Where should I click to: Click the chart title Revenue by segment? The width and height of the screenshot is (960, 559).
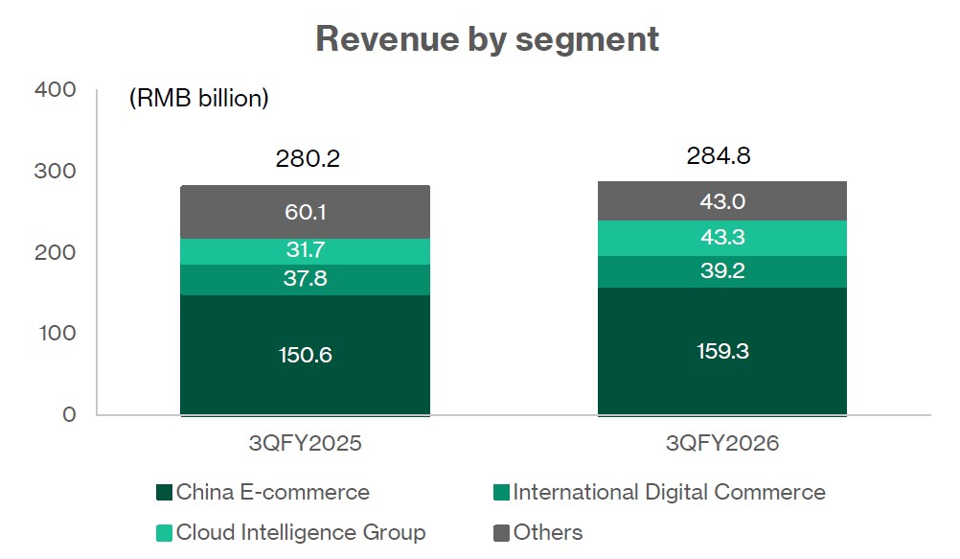click(487, 39)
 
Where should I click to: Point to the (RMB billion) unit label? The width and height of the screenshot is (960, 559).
click(198, 98)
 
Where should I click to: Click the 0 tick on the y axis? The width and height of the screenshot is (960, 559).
click(68, 414)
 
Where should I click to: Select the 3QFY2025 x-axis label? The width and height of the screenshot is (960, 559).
click(305, 444)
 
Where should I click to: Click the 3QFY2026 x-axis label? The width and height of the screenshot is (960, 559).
click(721, 444)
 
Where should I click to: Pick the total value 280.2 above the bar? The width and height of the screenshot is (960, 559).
click(307, 159)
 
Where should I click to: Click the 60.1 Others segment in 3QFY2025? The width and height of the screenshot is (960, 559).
click(305, 212)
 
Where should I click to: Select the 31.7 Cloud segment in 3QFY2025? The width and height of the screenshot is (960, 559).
click(305, 251)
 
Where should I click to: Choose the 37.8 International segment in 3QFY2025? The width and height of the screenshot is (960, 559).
click(305, 280)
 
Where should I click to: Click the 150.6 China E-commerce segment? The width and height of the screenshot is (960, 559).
click(305, 355)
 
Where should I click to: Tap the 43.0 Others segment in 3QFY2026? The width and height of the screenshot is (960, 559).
click(722, 201)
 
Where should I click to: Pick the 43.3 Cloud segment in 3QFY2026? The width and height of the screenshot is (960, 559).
click(722, 238)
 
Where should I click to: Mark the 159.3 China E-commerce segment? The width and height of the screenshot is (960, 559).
click(722, 351)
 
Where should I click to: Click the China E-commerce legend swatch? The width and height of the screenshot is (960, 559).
click(164, 493)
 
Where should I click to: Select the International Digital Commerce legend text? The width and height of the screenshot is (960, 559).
click(669, 493)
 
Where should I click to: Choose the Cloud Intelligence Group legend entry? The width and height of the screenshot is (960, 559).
click(290, 532)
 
